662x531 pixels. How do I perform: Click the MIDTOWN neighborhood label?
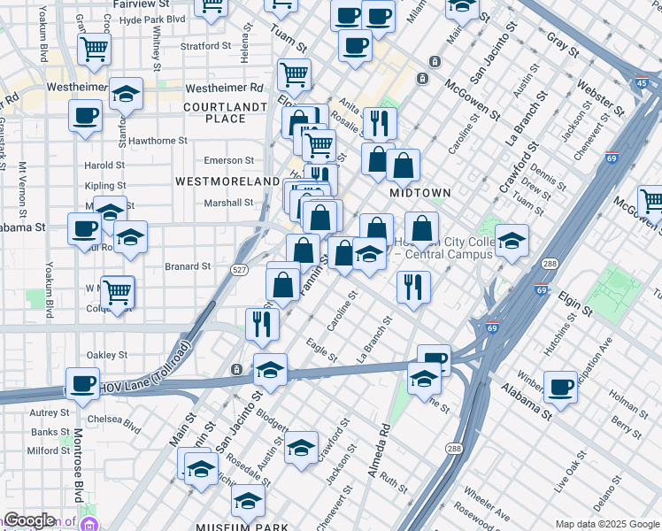pos(420,192)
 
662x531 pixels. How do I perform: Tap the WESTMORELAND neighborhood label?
pos(227,181)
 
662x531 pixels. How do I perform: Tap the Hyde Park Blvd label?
pos(151,19)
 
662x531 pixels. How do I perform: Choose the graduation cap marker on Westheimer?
pos(127,96)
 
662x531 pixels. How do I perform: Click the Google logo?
pos(28,520)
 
